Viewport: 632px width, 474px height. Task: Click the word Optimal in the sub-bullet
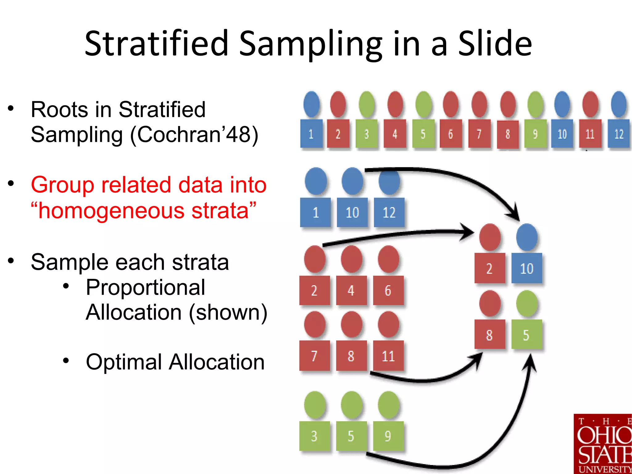pos(124,362)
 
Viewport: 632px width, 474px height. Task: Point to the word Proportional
pos(145,287)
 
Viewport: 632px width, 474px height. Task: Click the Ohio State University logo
pos(603,444)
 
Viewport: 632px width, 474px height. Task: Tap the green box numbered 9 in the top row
pos(535,134)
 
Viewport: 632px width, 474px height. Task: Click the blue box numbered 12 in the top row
pos(619,134)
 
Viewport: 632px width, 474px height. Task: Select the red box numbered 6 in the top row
pos(451,134)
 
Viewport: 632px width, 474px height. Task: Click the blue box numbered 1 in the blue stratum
pos(315,212)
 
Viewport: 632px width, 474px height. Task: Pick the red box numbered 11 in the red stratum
pos(388,356)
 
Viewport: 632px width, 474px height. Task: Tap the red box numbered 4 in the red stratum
pos(351,290)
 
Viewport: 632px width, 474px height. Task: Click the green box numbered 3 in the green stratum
pos(314,436)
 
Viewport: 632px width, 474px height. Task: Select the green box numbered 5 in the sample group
pos(526,334)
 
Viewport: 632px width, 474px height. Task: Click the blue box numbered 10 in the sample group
pos(526,268)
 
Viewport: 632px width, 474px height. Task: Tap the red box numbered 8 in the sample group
pos(490,334)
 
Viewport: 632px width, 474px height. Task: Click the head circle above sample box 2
pos(490,237)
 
